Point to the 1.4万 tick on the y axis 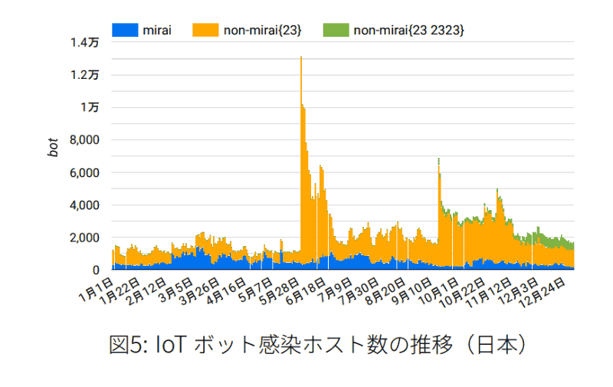click(85, 43)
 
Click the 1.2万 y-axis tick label click(85, 75)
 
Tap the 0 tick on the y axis click(96, 271)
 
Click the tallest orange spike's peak click(301, 57)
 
